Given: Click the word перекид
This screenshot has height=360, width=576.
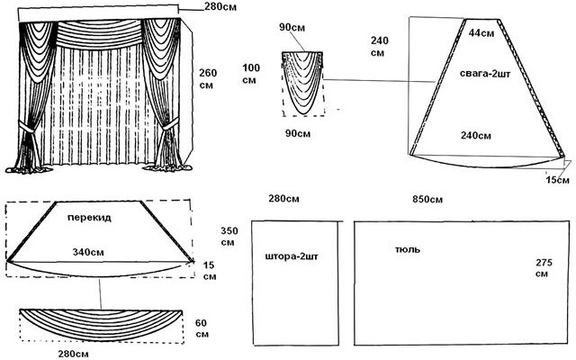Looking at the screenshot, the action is click(89, 218).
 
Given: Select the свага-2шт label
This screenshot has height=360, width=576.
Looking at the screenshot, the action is click(485, 74).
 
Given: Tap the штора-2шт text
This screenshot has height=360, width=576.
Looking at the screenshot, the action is click(292, 256).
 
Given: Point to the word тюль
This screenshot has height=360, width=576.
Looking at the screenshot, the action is click(408, 249).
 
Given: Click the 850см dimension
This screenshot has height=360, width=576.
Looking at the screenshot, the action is click(427, 200).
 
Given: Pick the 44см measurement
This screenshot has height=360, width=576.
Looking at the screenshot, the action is click(481, 33).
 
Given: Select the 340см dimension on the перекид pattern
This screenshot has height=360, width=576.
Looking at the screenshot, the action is click(88, 252).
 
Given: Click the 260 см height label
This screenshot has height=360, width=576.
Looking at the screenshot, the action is click(208, 78).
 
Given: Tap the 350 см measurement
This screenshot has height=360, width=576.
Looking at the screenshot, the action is click(229, 237).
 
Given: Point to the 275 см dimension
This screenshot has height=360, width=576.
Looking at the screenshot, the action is click(544, 268).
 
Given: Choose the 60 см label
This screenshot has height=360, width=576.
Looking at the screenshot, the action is click(202, 328).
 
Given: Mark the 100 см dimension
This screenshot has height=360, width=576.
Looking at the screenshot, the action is click(251, 74).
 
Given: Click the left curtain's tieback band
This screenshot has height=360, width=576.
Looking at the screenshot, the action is click(27, 127).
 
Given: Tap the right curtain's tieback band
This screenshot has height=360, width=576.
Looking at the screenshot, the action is click(170, 124).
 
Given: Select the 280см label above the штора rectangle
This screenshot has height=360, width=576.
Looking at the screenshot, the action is click(283, 199).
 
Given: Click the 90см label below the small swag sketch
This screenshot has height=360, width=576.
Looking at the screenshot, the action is click(298, 133).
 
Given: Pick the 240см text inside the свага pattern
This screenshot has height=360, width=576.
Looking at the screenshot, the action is click(476, 136).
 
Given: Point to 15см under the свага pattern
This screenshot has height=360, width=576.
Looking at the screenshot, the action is click(557, 180).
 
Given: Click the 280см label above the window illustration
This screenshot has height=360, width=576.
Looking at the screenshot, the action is click(220, 6).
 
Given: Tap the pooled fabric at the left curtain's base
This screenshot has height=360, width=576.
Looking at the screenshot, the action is click(29, 169).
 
